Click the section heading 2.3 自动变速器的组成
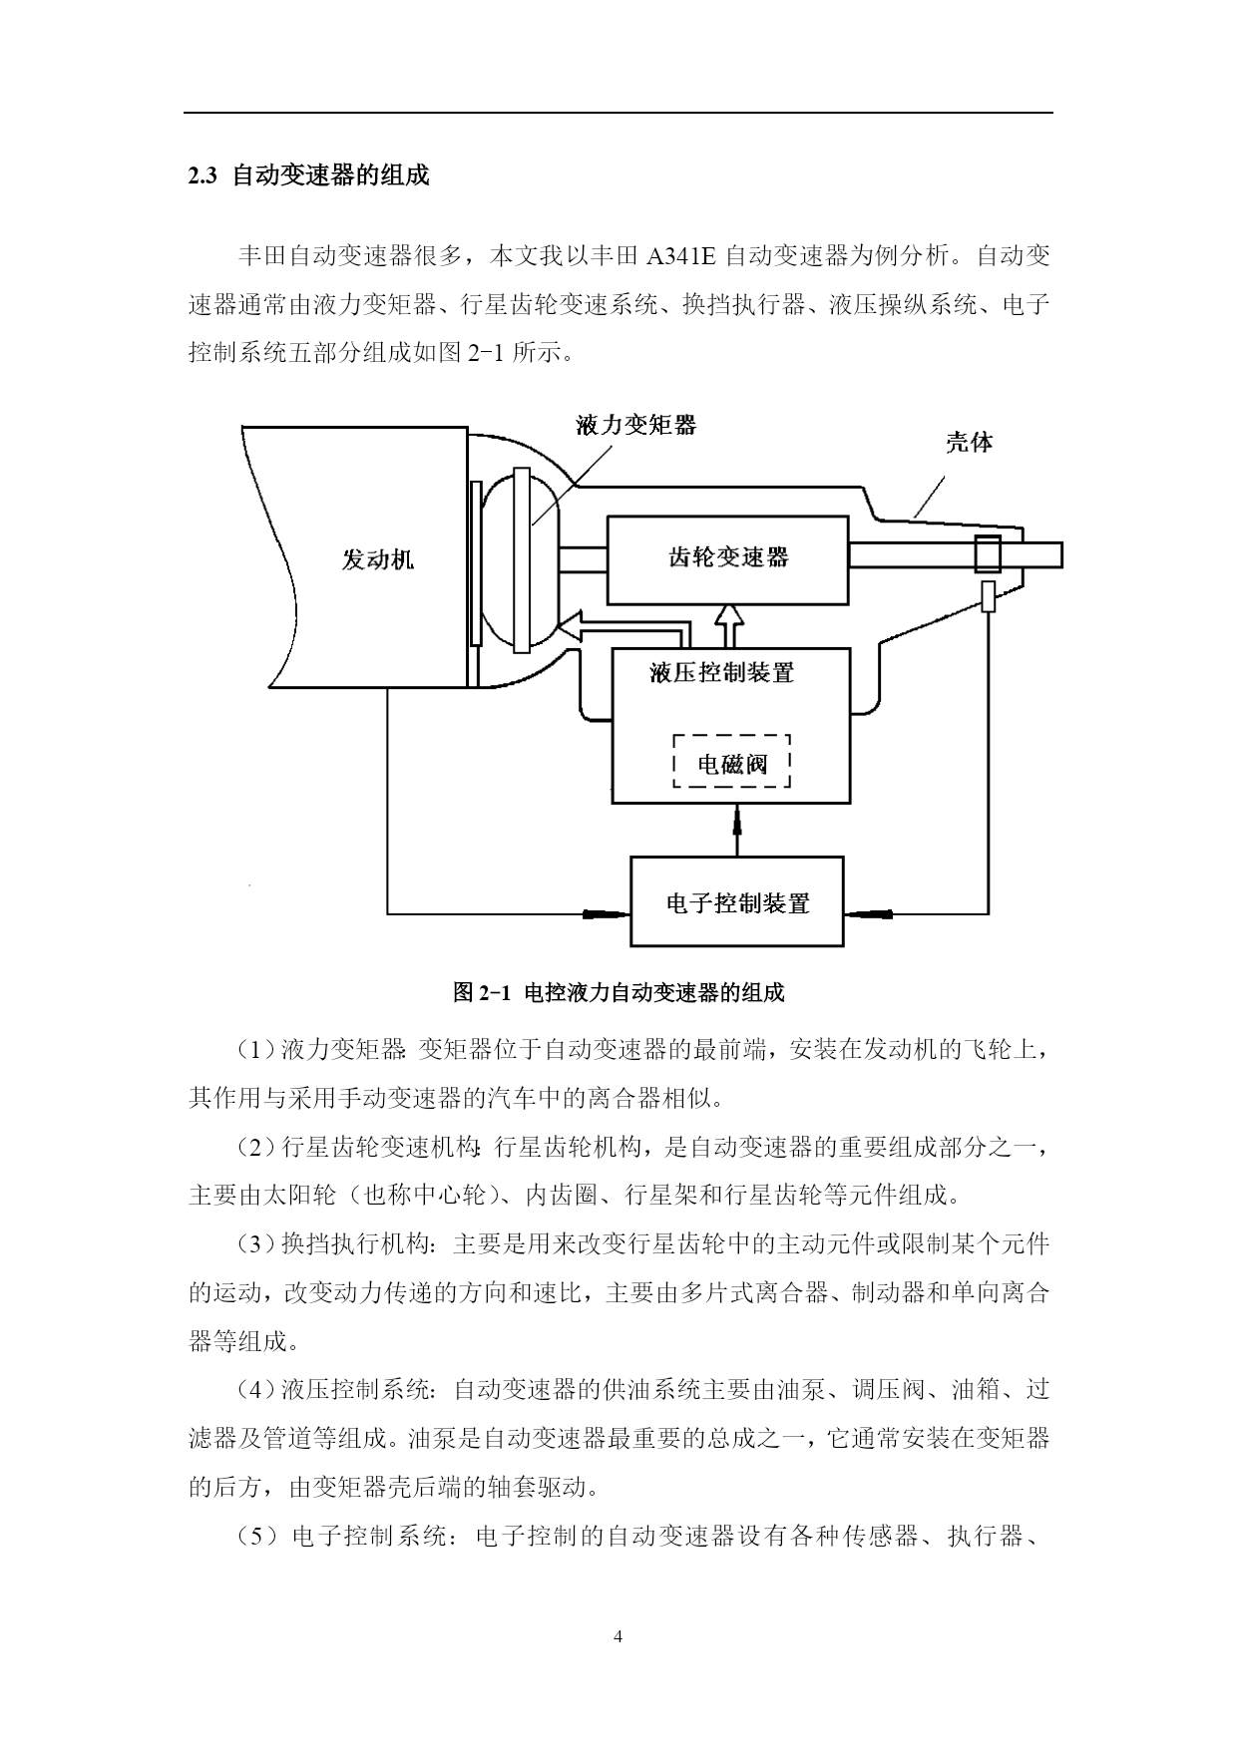(308, 176)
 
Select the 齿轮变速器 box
(728, 559)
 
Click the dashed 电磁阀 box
(732, 762)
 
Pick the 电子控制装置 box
(737, 901)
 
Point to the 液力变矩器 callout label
(636, 426)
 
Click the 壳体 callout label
(970, 442)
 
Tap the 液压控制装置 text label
(722, 673)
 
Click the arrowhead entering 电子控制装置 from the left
(606, 912)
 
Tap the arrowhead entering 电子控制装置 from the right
(869, 912)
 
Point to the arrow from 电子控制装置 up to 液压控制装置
(737, 830)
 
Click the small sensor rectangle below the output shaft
(989, 595)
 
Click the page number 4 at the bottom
(619, 1636)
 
